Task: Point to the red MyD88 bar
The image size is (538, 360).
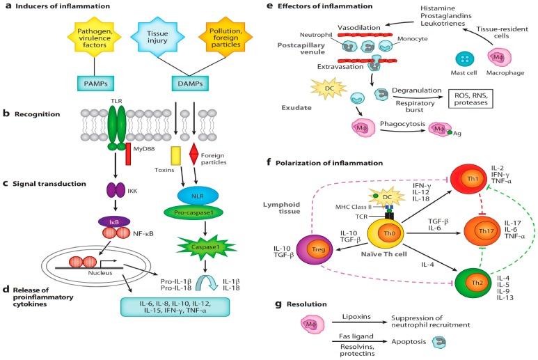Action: (128, 150)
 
